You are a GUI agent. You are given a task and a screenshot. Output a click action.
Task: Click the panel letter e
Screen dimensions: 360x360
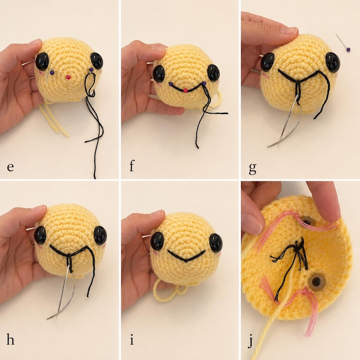[10, 167]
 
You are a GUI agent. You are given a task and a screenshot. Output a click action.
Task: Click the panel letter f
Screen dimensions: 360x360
[132, 166]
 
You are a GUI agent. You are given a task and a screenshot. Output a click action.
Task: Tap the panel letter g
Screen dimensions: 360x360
[252, 169]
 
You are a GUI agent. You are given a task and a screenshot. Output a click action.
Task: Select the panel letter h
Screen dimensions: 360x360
[10, 339]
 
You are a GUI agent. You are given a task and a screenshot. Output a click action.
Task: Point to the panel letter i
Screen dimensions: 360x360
[132, 340]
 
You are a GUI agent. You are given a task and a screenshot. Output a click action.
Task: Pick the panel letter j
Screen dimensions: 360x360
[251, 342]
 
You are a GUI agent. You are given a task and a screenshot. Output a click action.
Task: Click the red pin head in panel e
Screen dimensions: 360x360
[68, 77]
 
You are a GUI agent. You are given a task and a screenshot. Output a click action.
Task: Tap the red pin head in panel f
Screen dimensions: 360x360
[186, 90]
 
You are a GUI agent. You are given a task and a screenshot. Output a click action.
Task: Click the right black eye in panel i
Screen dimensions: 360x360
[216, 243]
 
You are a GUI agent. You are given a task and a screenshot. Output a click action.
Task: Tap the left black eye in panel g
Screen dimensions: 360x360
[268, 62]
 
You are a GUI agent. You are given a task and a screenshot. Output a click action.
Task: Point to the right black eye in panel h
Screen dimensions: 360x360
[100, 235]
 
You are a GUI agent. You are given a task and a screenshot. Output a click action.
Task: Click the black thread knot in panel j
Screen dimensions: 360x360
[297, 249]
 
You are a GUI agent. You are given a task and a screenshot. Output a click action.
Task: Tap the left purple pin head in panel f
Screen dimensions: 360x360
[171, 84]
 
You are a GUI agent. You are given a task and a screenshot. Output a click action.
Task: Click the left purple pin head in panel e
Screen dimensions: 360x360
[52, 73]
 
